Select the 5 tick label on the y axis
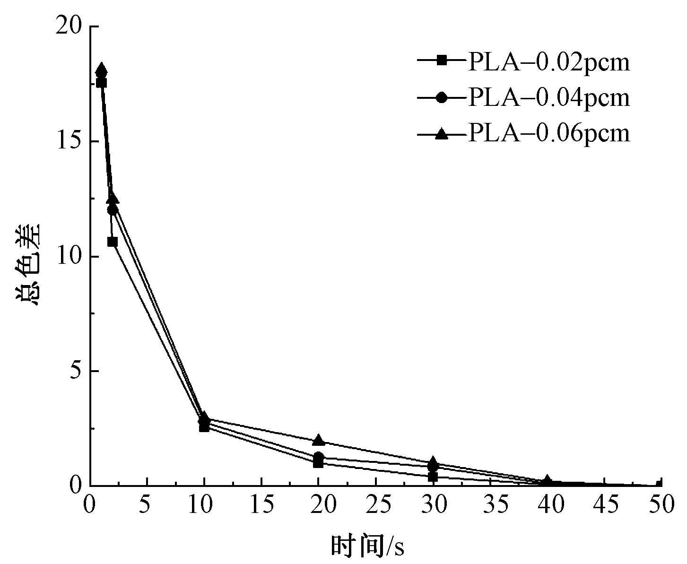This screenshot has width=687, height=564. tap(76, 372)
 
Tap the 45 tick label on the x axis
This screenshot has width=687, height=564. tap(605, 505)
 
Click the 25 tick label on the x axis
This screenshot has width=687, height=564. tap(376, 505)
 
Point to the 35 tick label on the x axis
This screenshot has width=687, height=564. tap(491, 505)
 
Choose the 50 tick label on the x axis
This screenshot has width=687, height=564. tap(661, 505)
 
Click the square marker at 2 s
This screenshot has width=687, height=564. tap(113, 242)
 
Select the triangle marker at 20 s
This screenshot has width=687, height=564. tap(319, 440)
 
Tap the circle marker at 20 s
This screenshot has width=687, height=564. tap(319, 457)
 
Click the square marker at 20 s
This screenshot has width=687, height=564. tap(319, 463)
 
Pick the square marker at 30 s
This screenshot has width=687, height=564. tap(433, 477)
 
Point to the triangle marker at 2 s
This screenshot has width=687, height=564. tap(113, 198)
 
